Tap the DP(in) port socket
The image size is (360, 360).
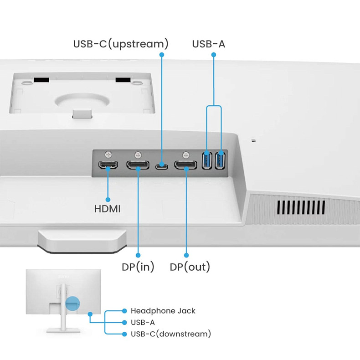pos(138,165)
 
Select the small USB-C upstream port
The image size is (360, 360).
pos(161,166)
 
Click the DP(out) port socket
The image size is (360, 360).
pos(186,165)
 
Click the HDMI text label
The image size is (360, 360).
pos(108,210)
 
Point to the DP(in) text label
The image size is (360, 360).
pos(138,267)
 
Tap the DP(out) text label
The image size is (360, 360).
pos(190,267)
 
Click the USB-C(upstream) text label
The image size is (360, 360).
pos(121,44)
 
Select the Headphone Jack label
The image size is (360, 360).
pos(163,311)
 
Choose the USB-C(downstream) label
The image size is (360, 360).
pos(171,334)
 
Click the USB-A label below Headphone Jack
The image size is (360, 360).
pos(143,323)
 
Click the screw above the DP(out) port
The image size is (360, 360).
pos(185,154)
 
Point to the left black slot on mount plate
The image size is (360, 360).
pos(41,80)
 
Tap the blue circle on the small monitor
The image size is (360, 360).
pos(72,303)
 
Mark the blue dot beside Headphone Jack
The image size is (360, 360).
pos(124,311)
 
